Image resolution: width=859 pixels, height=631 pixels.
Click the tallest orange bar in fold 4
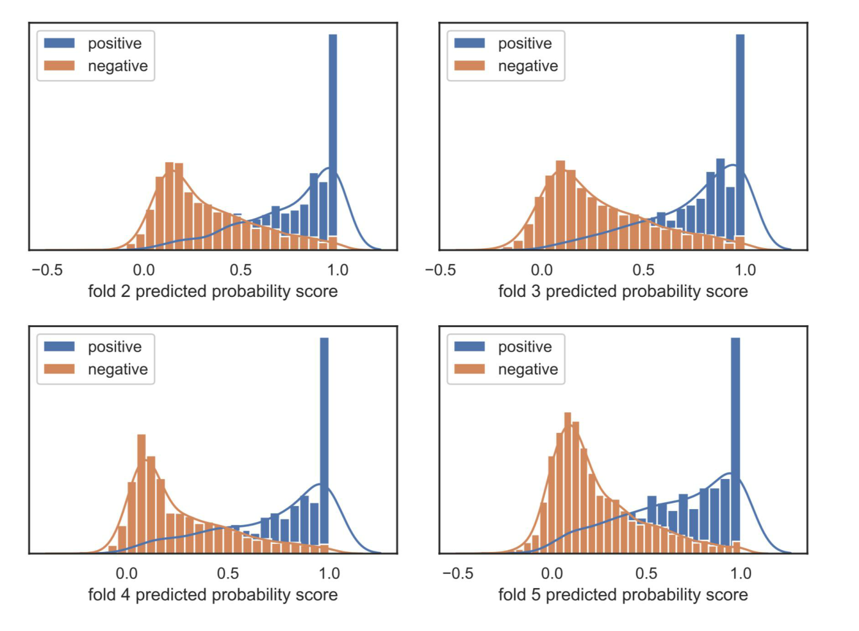(141, 494)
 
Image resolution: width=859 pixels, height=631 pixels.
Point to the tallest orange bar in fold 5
(568, 481)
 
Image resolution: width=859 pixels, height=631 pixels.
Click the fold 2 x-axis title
(213, 291)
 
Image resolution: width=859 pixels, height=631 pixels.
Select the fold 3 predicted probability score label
(623, 291)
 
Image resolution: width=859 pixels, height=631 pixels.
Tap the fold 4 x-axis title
(213, 594)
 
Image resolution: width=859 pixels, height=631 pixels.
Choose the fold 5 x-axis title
(623, 594)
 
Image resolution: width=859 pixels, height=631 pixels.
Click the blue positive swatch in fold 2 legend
(60, 43)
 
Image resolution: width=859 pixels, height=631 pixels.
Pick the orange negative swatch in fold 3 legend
(470, 65)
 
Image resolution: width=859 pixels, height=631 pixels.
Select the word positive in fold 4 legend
(115, 346)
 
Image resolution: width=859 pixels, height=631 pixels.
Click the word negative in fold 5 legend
(528, 369)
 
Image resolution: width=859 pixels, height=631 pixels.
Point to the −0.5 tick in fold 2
(47, 270)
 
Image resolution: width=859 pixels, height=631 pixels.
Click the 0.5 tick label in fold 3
(643, 270)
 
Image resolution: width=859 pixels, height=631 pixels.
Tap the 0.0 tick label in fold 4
(127, 573)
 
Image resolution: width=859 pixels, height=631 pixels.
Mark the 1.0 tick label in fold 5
(740, 573)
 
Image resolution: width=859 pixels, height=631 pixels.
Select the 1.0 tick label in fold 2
(337, 270)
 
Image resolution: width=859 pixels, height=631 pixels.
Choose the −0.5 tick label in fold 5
(457, 573)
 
